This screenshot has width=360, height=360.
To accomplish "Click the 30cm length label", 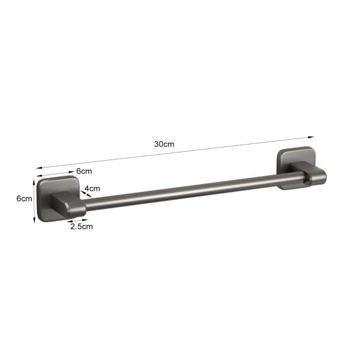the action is (x=164, y=144).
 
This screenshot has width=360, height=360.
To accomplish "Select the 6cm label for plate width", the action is (x=84, y=171).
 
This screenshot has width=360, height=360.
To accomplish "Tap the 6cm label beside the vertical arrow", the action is (x=24, y=199).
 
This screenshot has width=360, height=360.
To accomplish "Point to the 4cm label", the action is (x=92, y=188).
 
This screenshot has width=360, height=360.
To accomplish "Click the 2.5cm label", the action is (x=82, y=227).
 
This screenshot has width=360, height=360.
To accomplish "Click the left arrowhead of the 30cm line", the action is (x=39, y=168).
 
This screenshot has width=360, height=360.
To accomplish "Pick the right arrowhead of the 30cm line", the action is (x=311, y=137).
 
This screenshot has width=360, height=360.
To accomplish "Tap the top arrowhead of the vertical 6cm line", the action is (x=34, y=182).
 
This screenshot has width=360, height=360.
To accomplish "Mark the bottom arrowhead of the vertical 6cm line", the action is (x=34, y=220).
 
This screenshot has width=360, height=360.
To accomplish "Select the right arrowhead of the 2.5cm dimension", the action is (x=85, y=220).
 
